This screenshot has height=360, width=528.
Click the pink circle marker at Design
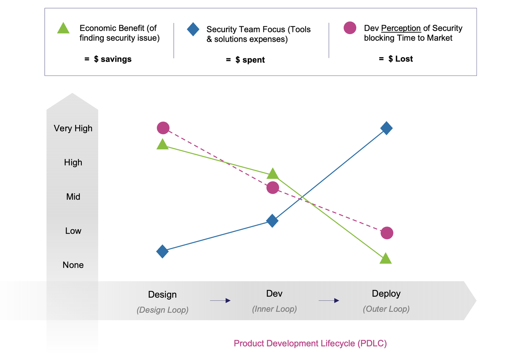click(x=163, y=128)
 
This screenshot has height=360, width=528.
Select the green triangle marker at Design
click(x=162, y=145)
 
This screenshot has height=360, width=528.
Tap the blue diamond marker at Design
click(x=162, y=251)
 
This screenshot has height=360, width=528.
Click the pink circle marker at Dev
click(x=273, y=188)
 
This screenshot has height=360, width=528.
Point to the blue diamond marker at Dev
click(x=272, y=221)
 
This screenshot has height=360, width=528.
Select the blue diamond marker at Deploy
click(x=386, y=128)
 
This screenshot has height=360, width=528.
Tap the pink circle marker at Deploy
click(x=387, y=233)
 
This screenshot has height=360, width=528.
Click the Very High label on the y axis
click(x=73, y=129)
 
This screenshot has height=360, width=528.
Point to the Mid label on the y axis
click(x=73, y=197)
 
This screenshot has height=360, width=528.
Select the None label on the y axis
click(x=73, y=265)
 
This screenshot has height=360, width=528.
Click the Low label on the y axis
click(x=73, y=231)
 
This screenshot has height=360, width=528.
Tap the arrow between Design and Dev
click(x=220, y=301)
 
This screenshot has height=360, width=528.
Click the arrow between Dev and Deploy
click(x=329, y=301)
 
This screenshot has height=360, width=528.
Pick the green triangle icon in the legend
click(x=63, y=28)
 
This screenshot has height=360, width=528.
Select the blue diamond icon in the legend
click(x=193, y=29)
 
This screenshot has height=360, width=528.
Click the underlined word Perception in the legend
click(x=401, y=28)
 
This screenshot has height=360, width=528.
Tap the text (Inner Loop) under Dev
click(x=274, y=309)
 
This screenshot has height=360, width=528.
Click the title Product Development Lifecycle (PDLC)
click(x=310, y=343)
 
